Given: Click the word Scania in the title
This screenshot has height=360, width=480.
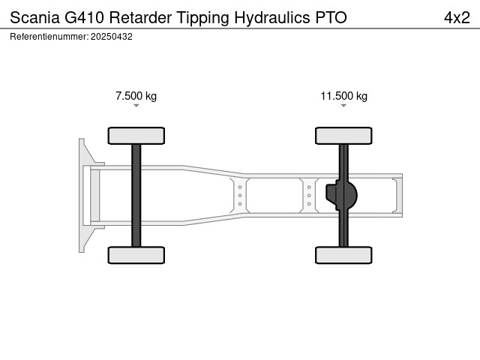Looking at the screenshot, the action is (x=34, y=17).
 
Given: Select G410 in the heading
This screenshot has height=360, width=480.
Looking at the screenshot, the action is (x=84, y=17).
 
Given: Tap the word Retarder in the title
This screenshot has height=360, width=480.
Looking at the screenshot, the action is (x=140, y=17).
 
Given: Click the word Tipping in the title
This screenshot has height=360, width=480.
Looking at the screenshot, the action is (x=202, y=18).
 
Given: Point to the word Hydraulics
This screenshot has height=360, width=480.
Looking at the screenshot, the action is (x=272, y=18).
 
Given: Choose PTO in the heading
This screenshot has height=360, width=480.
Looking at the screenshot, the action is (x=331, y=17).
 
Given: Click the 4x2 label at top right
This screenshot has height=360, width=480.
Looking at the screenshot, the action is (x=457, y=17).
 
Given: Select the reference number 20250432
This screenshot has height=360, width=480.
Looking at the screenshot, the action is (x=112, y=37).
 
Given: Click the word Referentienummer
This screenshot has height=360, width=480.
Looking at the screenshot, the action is (x=49, y=37).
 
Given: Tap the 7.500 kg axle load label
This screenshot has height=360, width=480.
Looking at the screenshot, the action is (x=136, y=96).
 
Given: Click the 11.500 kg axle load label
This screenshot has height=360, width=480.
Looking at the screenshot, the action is (x=343, y=96).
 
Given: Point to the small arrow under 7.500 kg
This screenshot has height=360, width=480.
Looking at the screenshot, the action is (x=136, y=106).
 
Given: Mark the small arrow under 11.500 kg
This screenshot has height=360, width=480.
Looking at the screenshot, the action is (x=343, y=106).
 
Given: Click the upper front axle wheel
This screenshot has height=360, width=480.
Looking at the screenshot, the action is (x=136, y=136).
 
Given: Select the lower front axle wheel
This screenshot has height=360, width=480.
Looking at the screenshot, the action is (x=136, y=255).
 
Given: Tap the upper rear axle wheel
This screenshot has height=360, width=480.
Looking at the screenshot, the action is (x=343, y=136).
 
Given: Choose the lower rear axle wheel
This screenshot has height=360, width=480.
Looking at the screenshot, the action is (x=343, y=255).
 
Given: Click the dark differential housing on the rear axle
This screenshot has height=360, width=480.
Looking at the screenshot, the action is (x=342, y=195).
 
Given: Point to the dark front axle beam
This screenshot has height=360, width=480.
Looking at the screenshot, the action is (x=136, y=195).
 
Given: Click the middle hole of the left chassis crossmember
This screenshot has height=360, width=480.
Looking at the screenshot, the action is (x=240, y=195).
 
